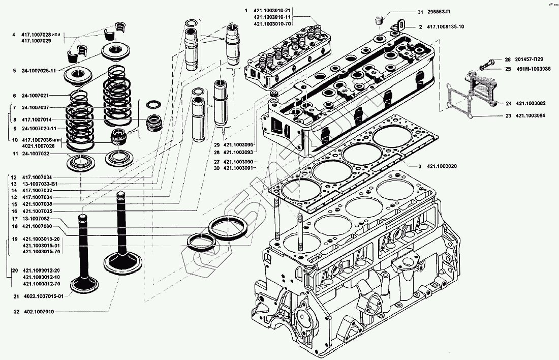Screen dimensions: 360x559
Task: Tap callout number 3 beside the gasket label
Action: pos(420,167)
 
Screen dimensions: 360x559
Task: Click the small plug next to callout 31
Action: pos(378,21)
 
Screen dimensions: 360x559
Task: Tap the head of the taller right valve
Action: pos(122,262)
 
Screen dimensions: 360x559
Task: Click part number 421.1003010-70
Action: pos(272,24)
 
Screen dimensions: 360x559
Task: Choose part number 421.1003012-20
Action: pos(41,270)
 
